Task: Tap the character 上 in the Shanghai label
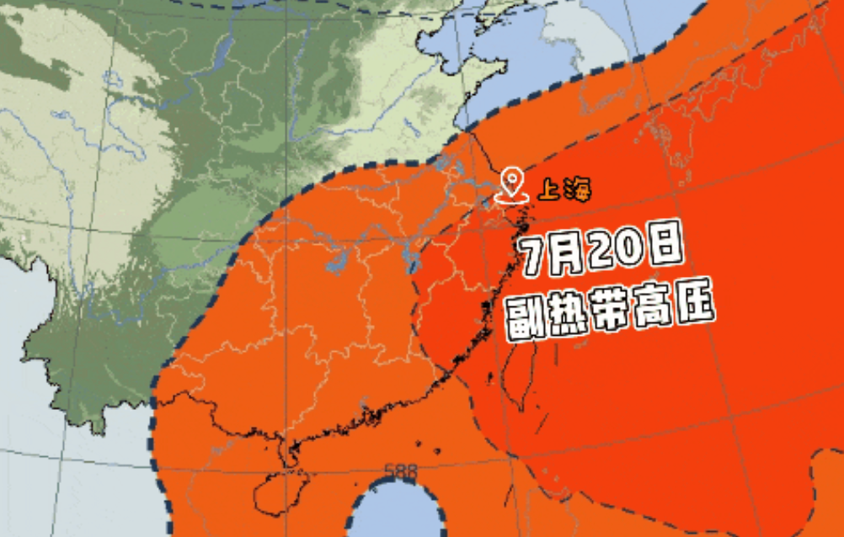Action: click(548, 189)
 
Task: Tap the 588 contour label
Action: click(400, 471)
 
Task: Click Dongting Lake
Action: click(336, 264)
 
